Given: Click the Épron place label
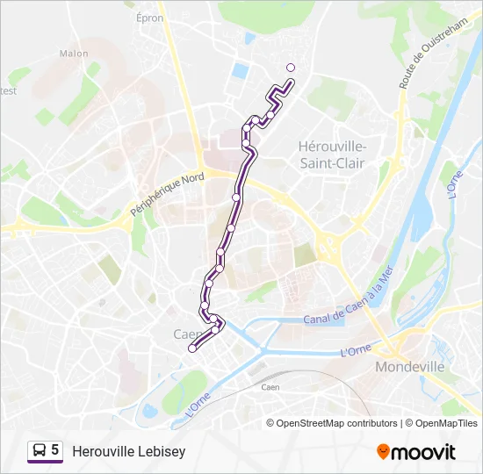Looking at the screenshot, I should [150, 17].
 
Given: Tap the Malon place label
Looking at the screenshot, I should [74, 54].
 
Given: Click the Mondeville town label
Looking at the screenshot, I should [409, 367].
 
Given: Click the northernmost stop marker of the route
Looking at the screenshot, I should [292, 68].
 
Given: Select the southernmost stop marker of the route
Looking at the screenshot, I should [192, 348].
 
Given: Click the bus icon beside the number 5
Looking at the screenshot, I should [40, 451].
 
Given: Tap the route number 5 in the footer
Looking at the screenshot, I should [54, 451].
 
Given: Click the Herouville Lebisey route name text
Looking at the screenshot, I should [129, 451].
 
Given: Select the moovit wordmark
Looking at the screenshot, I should [423, 452].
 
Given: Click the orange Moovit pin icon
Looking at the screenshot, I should [383, 452].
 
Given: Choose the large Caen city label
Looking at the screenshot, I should [187, 334].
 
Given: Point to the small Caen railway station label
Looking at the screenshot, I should [270, 387].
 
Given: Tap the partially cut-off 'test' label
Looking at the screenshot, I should [8, 90].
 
